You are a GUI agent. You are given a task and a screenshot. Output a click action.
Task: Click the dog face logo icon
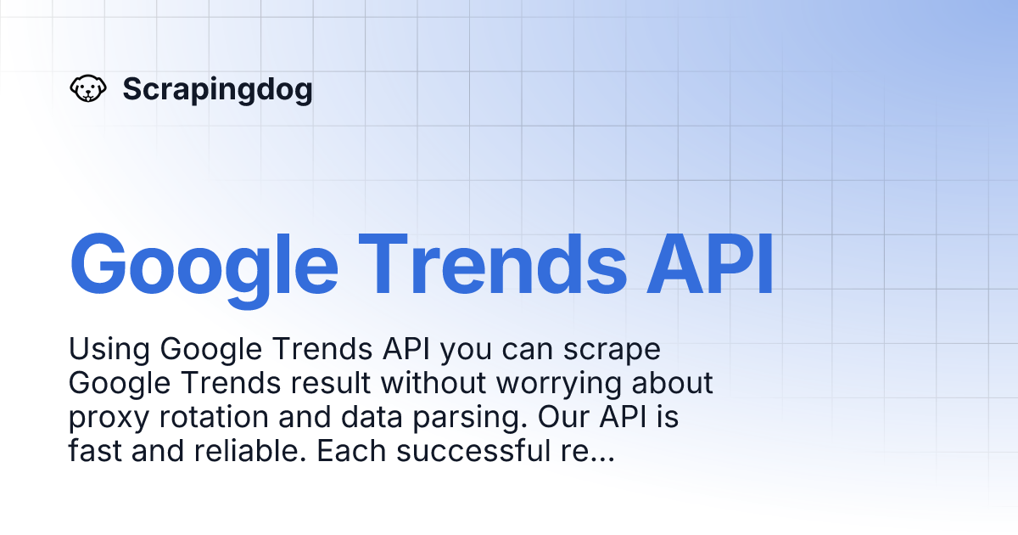87,89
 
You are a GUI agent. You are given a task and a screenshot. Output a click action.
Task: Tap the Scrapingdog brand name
217,89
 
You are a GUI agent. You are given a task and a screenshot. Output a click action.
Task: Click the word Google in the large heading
204,263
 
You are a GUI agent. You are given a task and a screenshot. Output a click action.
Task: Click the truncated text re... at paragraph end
585,452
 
